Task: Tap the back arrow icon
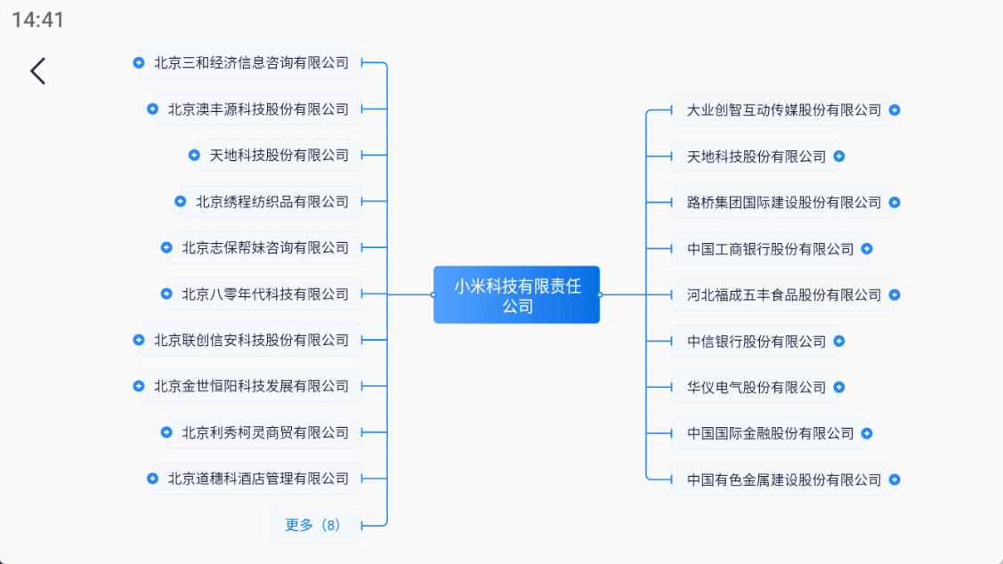[37, 71]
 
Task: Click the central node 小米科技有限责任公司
[516, 295]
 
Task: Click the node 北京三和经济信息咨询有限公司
[251, 63]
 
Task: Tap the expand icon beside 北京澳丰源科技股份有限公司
[153, 109]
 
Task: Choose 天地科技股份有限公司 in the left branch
[279, 156]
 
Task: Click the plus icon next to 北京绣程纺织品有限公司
[181, 202]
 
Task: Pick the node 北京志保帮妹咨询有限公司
[265, 248]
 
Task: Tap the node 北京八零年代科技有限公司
[265, 294]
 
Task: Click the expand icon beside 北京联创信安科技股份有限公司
[139, 340]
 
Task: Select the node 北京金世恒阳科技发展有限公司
[251, 386]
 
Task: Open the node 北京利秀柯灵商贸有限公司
[265, 432]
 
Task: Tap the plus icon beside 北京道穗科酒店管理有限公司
[153, 479]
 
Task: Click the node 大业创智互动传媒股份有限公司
[783, 110]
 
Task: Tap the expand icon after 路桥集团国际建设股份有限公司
[894, 203]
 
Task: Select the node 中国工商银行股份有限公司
[770, 249]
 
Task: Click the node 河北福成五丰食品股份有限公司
[783, 295]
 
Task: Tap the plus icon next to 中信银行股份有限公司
[839, 342]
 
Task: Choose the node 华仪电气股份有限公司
[756, 388]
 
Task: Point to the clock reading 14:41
[38, 20]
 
